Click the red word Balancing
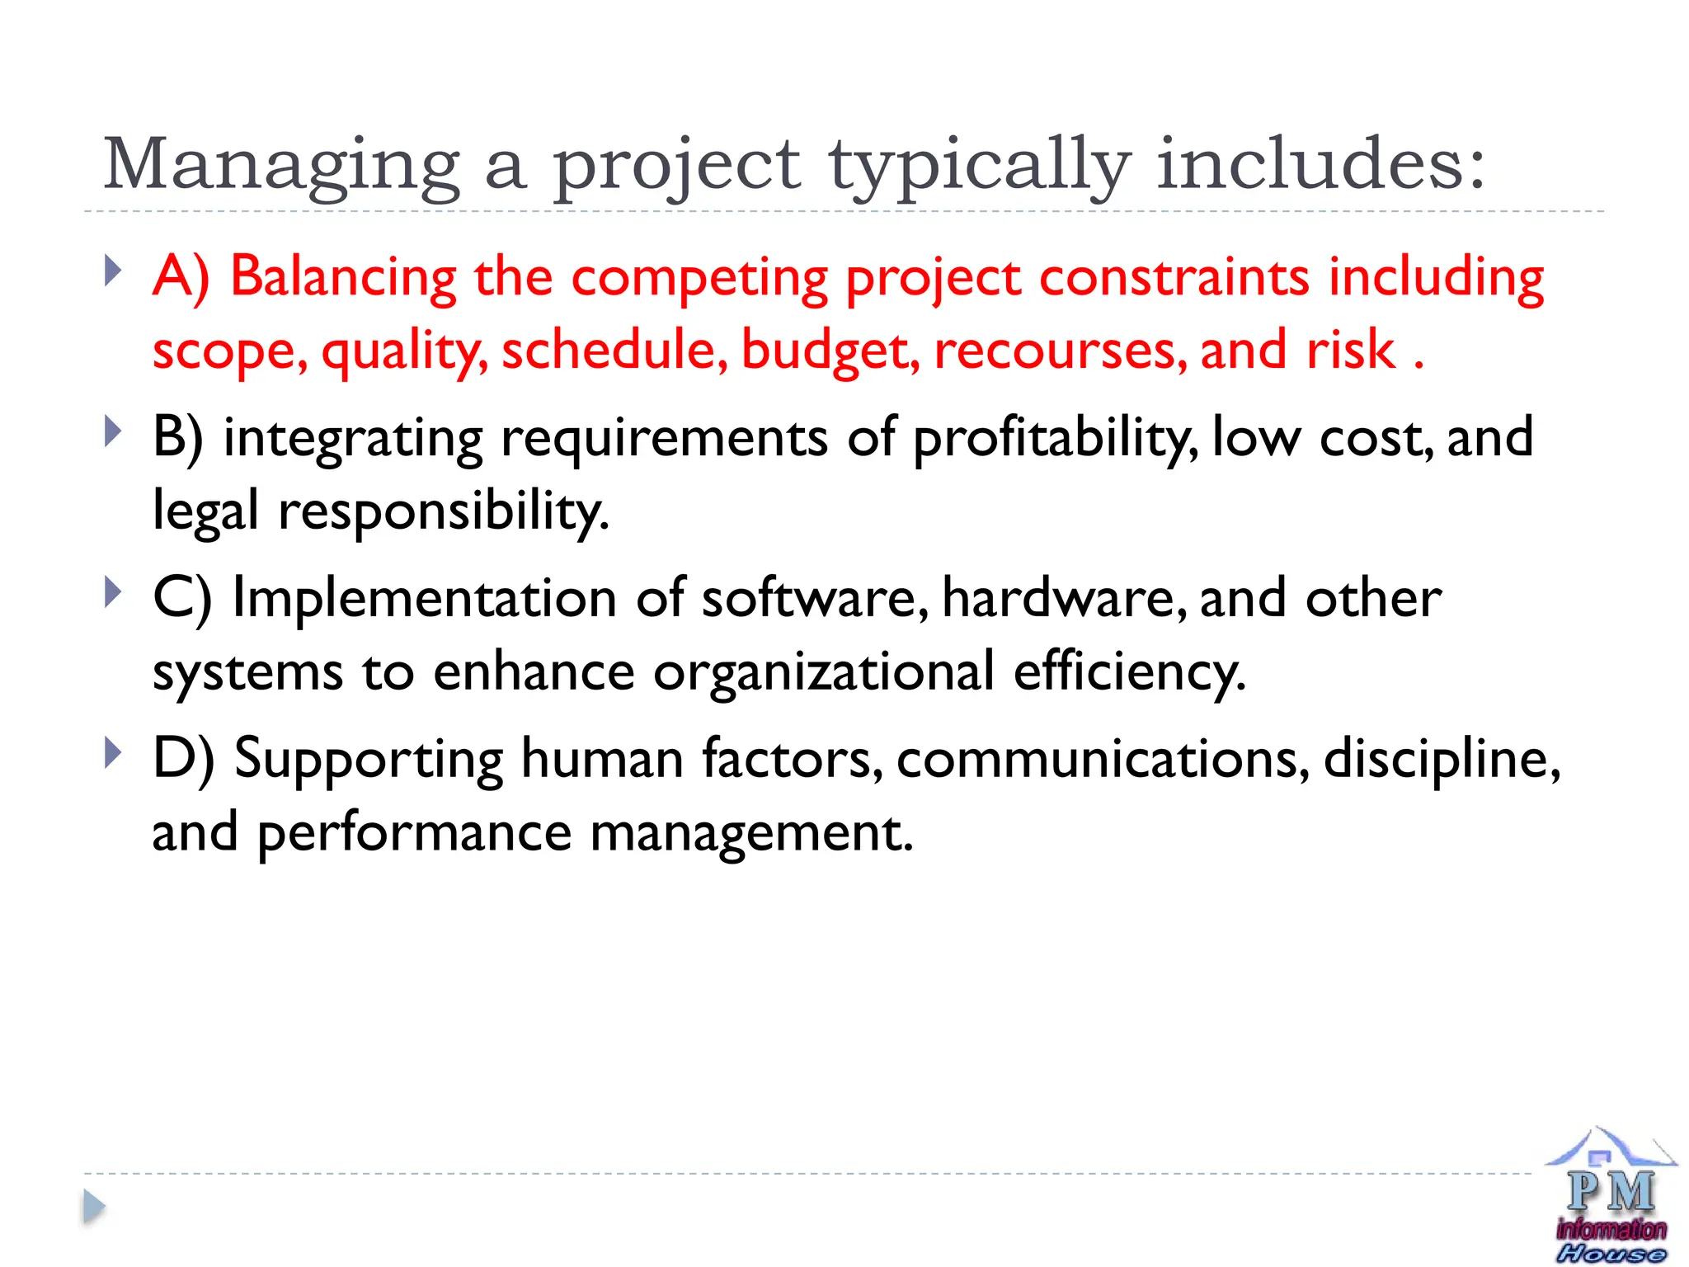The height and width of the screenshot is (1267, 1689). coord(342,277)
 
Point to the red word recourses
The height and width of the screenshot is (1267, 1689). coord(1061,351)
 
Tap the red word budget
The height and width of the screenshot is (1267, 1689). coord(830,351)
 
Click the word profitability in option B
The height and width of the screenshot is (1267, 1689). coord(1056,439)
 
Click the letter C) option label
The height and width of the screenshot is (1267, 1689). coord(181,598)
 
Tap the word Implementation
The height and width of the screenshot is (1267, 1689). coord(424,598)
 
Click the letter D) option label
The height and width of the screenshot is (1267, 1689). coord(183,759)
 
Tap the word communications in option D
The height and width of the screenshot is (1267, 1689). coord(1102,759)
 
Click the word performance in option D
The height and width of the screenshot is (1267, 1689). coord(414,833)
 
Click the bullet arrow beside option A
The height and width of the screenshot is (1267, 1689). coord(114,271)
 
